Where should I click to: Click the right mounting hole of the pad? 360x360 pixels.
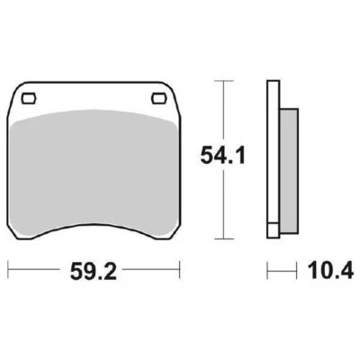(162, 98)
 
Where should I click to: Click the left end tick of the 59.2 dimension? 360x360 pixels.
(9, 268)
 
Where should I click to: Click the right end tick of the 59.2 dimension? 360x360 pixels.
(181, 268)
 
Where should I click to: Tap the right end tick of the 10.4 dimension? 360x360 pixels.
(296, 268)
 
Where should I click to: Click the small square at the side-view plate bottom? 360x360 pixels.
(273, 230)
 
